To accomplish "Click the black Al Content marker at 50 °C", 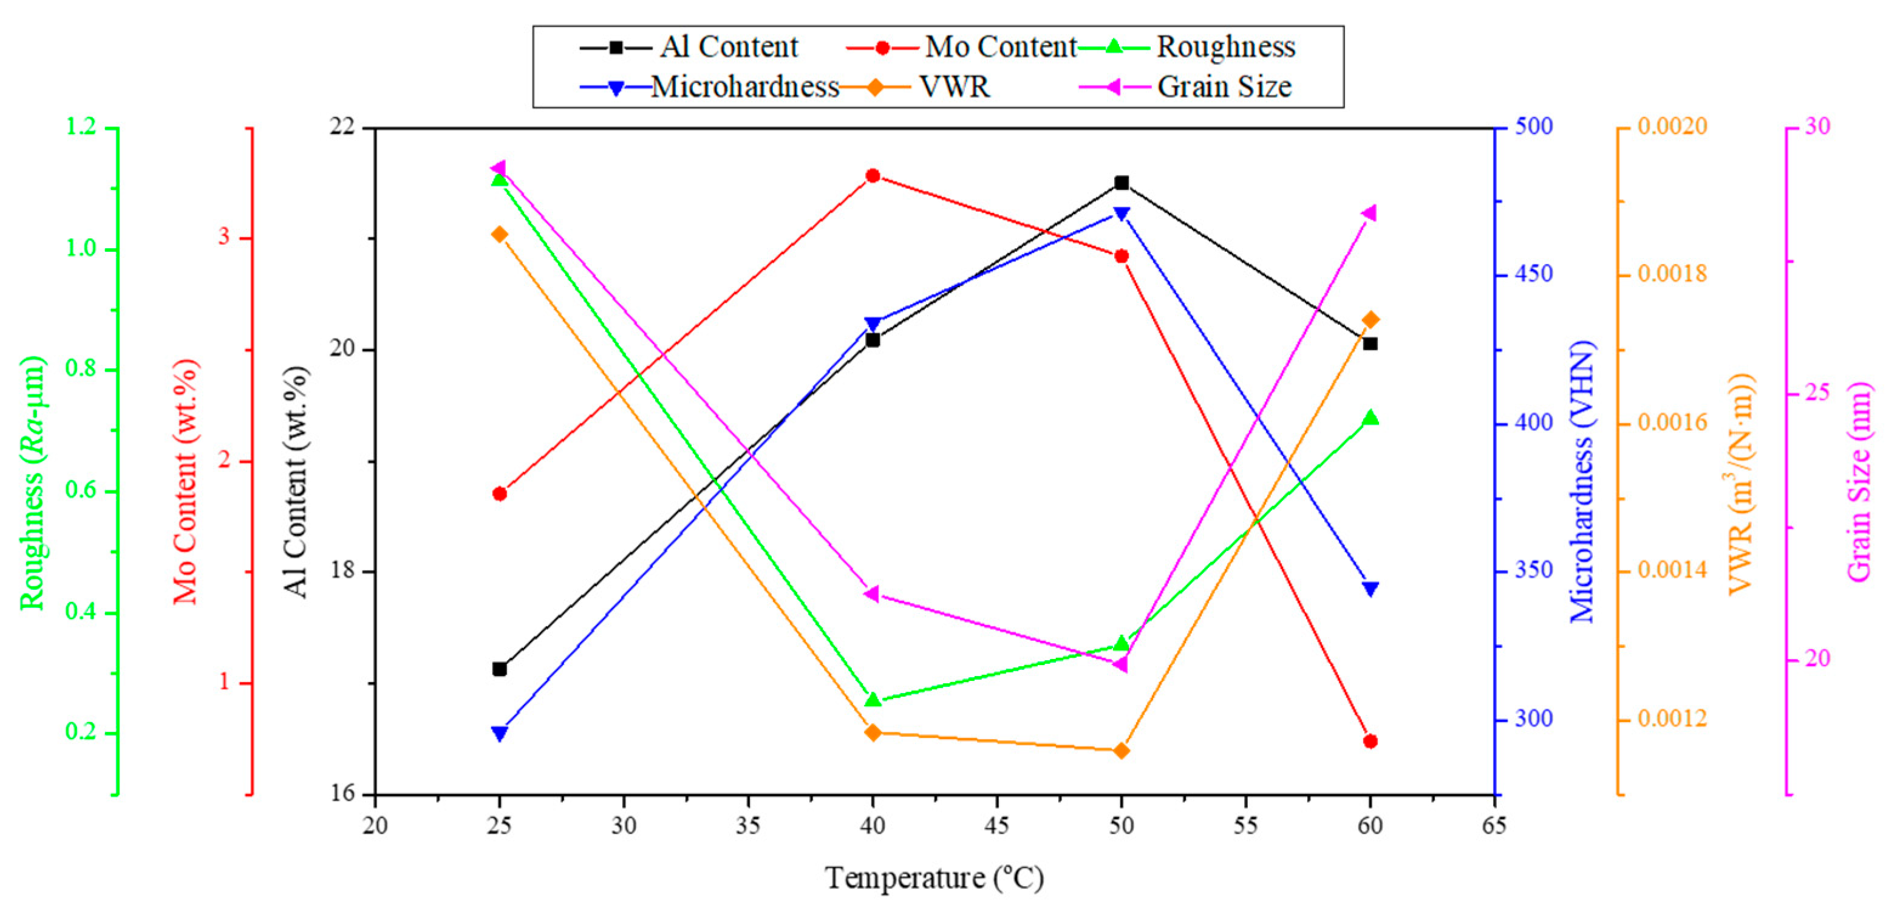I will click(x=1121, y=183).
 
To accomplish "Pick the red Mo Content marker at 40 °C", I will click(x=873, y=175).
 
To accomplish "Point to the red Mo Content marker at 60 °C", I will click(x=1371, y=741).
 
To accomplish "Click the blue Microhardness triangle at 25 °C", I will click(x=499, y=733).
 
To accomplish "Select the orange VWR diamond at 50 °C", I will click(x=1121, y=751).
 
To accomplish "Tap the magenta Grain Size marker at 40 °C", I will click(x=872, y=593).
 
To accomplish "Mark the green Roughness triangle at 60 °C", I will click(x=1371, y=418).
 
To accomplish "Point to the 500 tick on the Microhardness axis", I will click(x=1534, y=127).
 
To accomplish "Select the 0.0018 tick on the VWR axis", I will click(x=1672, y=274).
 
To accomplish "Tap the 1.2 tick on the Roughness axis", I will click(x=81, y=127).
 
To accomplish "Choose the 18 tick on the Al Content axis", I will click(x=341, y=572).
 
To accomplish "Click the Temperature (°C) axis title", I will click(x=934, y=878).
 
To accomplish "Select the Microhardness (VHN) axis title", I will click(x=1581, y=482).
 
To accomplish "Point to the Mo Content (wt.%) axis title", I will click(x=185, y=482).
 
